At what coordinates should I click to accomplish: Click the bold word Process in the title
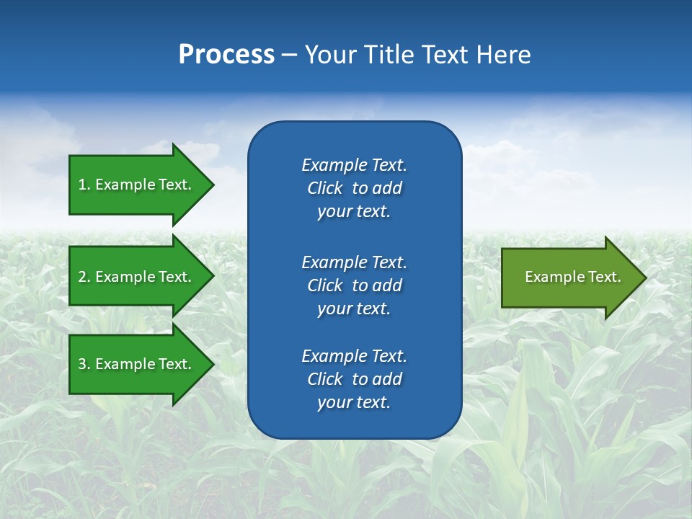(x=226, y=55)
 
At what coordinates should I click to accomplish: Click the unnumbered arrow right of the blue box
(x=569, y=277)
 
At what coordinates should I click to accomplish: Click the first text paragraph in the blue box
(x=354, y=188)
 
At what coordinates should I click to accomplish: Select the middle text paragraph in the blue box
(x=354, y=285)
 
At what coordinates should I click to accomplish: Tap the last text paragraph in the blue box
(x=354, y=379)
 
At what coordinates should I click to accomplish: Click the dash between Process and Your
(x=289, y=56)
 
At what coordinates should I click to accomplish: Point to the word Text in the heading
(x=445, y=55)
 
